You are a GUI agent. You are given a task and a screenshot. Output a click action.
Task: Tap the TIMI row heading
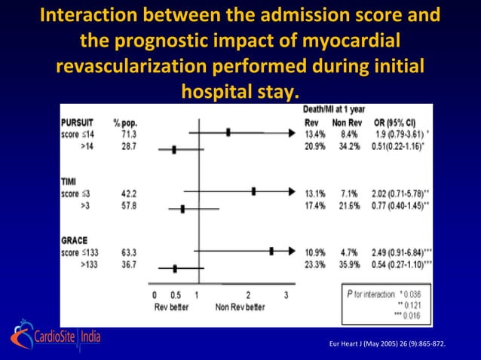point(69,182)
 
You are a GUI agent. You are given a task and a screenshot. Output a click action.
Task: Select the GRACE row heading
point(75,241)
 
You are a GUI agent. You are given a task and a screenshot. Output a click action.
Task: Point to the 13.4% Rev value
point(314,132)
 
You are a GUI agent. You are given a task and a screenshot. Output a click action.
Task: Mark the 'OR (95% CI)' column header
point(396,121)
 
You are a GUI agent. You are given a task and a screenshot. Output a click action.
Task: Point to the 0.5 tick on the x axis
point(175,296)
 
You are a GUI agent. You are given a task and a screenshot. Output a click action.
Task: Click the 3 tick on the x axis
point(285,296)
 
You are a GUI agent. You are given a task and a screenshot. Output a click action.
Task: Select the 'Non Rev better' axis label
point(240,307)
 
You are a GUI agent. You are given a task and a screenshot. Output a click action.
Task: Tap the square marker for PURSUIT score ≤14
point(228,132)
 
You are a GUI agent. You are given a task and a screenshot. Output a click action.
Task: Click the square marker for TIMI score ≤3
point(253,191)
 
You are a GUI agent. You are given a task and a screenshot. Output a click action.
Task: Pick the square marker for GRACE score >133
point(175,267)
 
